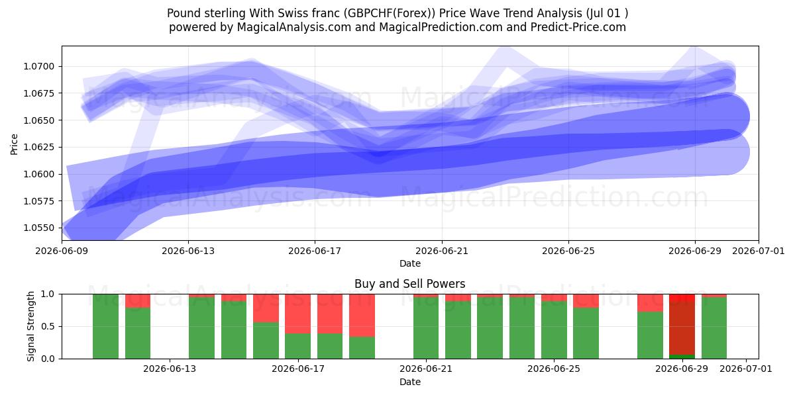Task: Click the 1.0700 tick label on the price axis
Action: click(38, 67)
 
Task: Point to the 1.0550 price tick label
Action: click(38, 228)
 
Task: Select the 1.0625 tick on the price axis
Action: click(38, 147)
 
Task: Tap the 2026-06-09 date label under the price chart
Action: click(62, 251)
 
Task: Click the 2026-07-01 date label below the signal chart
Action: click(746, 369)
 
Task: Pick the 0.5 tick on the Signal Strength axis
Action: click(48, 326)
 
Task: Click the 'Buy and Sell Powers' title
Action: click(410, 284)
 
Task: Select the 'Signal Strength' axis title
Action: click(31, 326)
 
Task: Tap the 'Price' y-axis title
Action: click(14, 144)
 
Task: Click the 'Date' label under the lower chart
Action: click(410, 382)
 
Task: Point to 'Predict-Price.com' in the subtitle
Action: click(578, 27)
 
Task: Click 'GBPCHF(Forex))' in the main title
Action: click(390, 13)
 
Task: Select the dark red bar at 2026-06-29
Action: click(682, 328)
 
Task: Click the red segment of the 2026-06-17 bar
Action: click(297, 314)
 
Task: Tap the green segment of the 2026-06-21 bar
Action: click(426, 328)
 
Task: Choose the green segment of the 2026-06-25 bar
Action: click(554, 330)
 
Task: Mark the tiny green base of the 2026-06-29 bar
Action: click(682, 357)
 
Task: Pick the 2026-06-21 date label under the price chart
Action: click(442, 251)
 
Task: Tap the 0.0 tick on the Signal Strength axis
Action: click(48, 359)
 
